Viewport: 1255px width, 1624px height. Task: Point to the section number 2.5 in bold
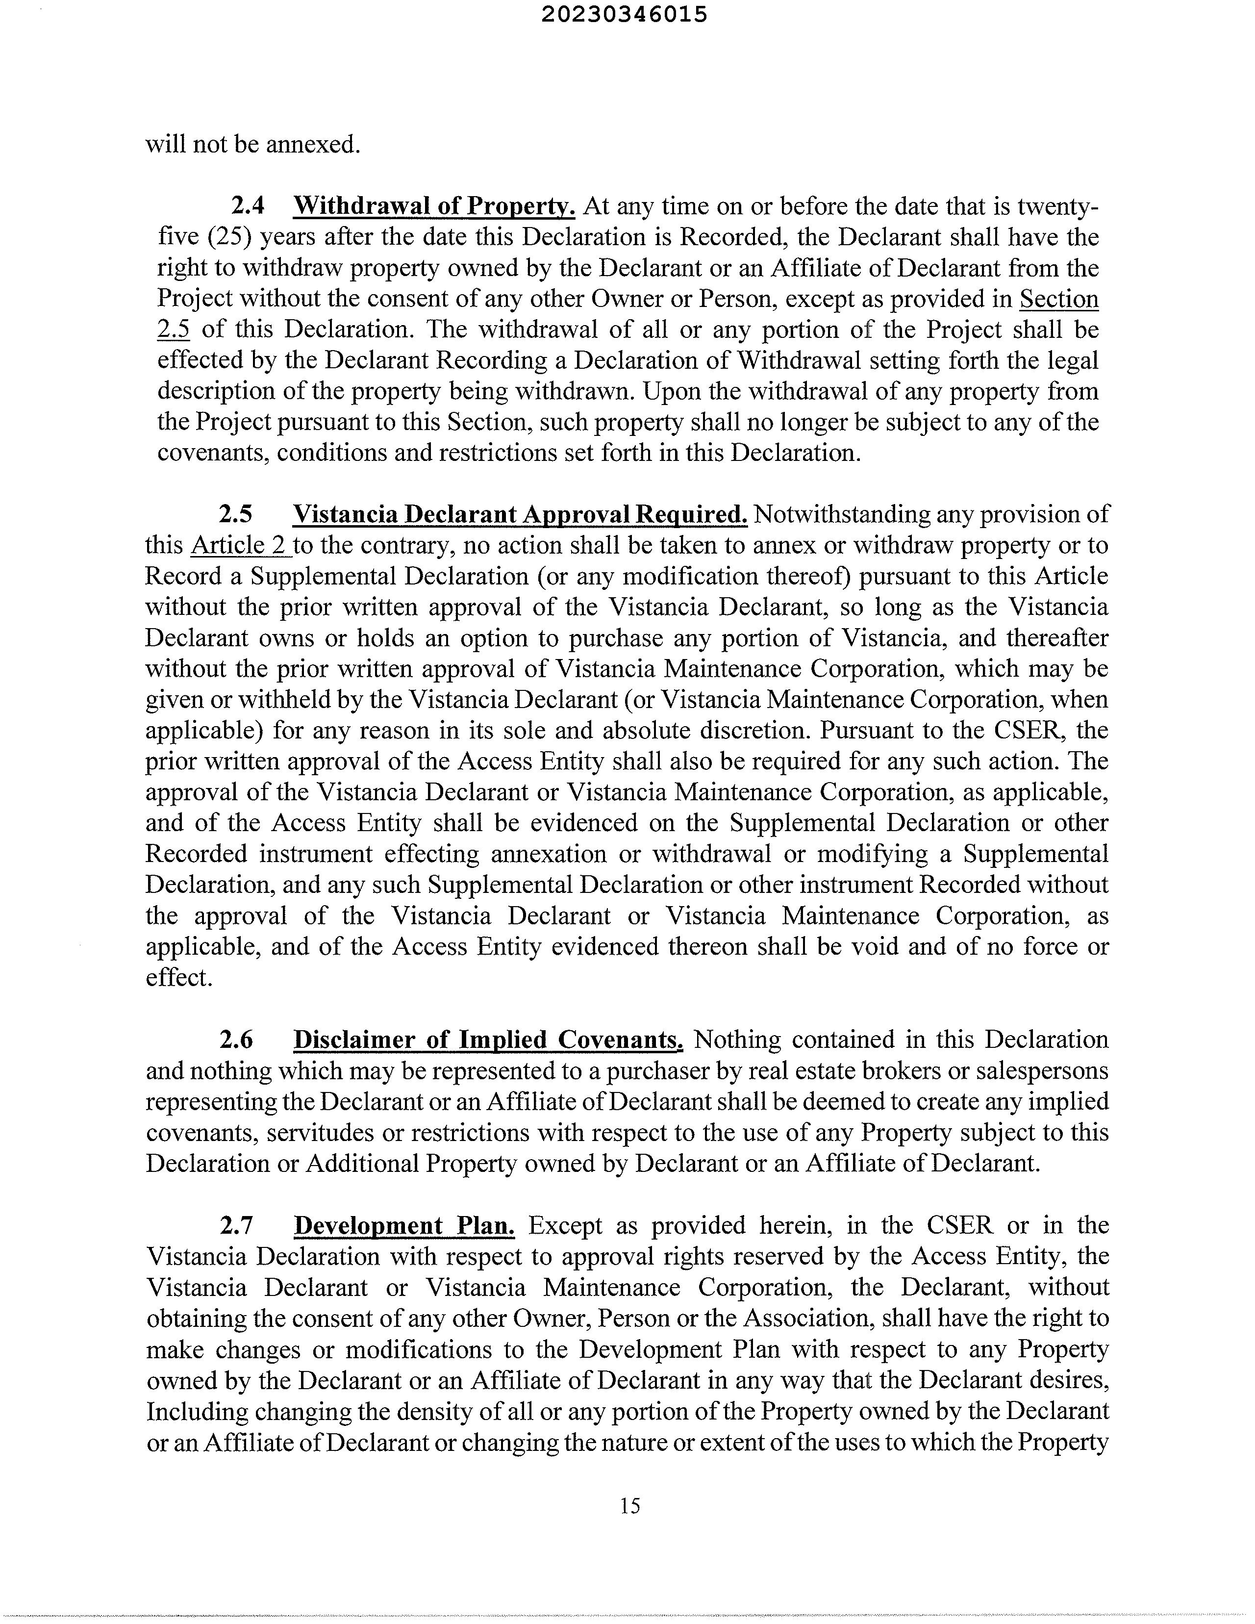(236, 514)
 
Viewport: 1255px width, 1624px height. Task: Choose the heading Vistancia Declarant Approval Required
(521, 514)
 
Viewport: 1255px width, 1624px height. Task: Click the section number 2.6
(236, 1040)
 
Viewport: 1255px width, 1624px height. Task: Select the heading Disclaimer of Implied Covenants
(488, 1040)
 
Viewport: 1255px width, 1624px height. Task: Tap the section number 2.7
(236, 1225)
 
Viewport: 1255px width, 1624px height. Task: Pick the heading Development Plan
(404, 1225)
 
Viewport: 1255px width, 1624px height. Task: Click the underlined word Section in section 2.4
(1059, 299)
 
